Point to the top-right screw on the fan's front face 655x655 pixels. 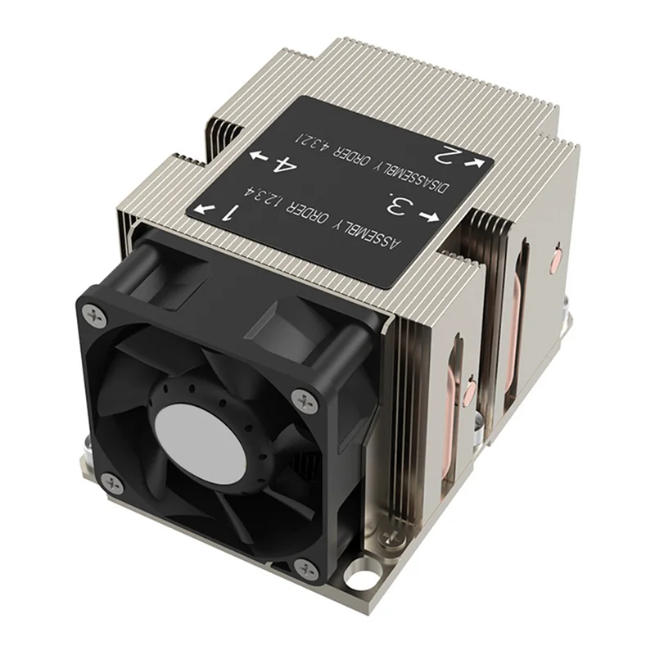[x=307, y=400]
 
